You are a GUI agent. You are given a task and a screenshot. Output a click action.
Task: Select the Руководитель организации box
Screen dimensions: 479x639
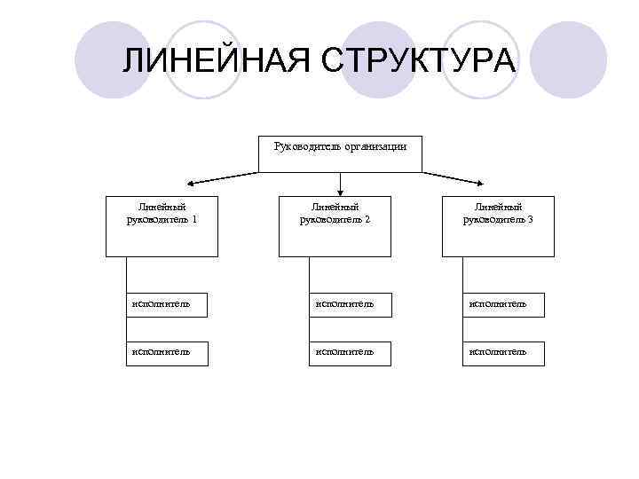[x=340, y=153]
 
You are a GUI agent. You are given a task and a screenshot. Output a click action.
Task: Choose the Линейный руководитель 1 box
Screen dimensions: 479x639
[x=162, y=226]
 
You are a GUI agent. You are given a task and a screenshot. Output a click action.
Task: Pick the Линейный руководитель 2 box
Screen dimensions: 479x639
[x=335, y=226]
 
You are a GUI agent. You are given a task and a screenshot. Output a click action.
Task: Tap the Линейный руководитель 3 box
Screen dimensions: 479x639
[x=498, y=226]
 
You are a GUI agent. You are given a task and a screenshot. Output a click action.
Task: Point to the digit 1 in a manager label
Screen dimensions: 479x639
[x=193, y=219]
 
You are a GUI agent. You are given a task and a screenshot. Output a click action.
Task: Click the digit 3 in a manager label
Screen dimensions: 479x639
[x=530, y=219]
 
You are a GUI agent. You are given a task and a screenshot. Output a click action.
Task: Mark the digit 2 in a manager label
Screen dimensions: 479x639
[x=367, y=219]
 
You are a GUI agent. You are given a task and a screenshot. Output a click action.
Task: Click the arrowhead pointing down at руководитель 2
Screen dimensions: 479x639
[x=340, y=190]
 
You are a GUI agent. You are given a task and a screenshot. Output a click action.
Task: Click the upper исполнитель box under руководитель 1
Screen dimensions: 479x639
[x=167, y=304]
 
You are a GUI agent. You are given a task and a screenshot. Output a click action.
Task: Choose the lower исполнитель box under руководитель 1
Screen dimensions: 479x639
[x=167, y=353]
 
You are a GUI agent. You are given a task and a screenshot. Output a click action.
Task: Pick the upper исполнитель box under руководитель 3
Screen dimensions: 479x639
[x=503, y=304]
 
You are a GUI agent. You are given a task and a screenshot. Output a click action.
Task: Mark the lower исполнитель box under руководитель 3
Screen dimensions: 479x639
[x=503, y=353]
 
